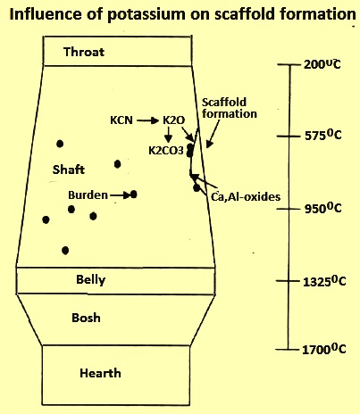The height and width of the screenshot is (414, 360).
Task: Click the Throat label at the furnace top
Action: tap(84, 52)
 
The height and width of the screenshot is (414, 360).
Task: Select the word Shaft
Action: tap(69, 170)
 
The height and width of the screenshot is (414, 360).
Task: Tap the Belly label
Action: tap(91, 280)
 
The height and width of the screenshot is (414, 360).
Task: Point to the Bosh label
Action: tap(86, 318)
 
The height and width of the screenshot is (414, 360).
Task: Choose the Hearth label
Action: tap(100, 373)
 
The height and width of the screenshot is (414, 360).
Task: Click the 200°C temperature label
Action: tap(322, 64)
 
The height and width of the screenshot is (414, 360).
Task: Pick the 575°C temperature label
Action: tap(323, 136)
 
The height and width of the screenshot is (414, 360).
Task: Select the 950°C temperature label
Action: tap(323, 208)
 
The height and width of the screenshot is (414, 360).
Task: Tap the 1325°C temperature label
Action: tap(324, 281)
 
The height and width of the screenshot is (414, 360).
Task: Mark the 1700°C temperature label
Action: tap(324, 349)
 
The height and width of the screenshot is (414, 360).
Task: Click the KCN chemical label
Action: tap(121, 120)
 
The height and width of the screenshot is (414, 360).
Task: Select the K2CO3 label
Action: tap(166, 151)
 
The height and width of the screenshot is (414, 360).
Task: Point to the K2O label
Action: tap(174, 120)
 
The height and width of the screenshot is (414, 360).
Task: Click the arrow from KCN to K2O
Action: tap(148, 120)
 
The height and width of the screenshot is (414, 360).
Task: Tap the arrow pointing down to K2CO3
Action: tap(168, 134)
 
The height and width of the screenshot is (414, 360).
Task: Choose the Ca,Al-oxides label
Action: tap(246, 196)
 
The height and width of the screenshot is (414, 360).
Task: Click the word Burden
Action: tap(88, 195)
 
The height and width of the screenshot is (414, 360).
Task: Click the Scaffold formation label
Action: tap(230, 108)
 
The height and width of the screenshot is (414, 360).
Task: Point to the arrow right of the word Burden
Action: tap(121, 195)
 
